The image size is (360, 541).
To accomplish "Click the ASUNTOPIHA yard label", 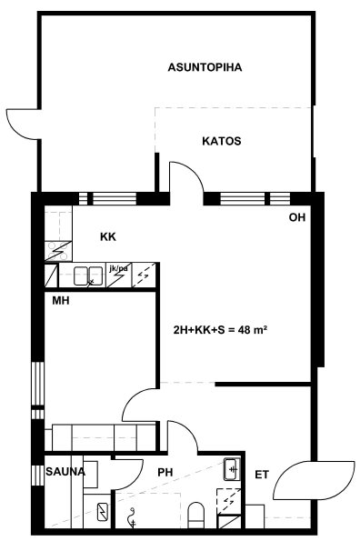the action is point(205,67).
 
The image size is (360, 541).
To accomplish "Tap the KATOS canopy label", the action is point(222,141).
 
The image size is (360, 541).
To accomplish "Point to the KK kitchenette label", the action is point(108,237).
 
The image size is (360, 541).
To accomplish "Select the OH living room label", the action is point(297,217).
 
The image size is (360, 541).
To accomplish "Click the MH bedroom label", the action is point(61,301).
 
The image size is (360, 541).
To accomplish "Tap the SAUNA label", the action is point(65,472).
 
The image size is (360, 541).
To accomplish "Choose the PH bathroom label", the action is point(165,472).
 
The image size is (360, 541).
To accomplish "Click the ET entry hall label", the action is point(262,475).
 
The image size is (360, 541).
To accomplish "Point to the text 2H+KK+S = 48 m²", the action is point(220,330).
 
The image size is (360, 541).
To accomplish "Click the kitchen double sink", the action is point(88,276).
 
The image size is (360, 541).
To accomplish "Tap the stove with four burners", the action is point(58,251).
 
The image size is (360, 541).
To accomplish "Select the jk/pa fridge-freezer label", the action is point(118,268).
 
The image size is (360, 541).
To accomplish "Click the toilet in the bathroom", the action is point(196,515).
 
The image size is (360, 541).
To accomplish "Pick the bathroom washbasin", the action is point(232,469).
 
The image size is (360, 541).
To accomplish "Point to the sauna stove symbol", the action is point(103,513).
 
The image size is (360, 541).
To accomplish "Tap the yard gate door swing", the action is point(23,125).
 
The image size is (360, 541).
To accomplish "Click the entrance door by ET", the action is point(314,480).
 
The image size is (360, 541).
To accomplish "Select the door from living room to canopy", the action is point(186,178).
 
